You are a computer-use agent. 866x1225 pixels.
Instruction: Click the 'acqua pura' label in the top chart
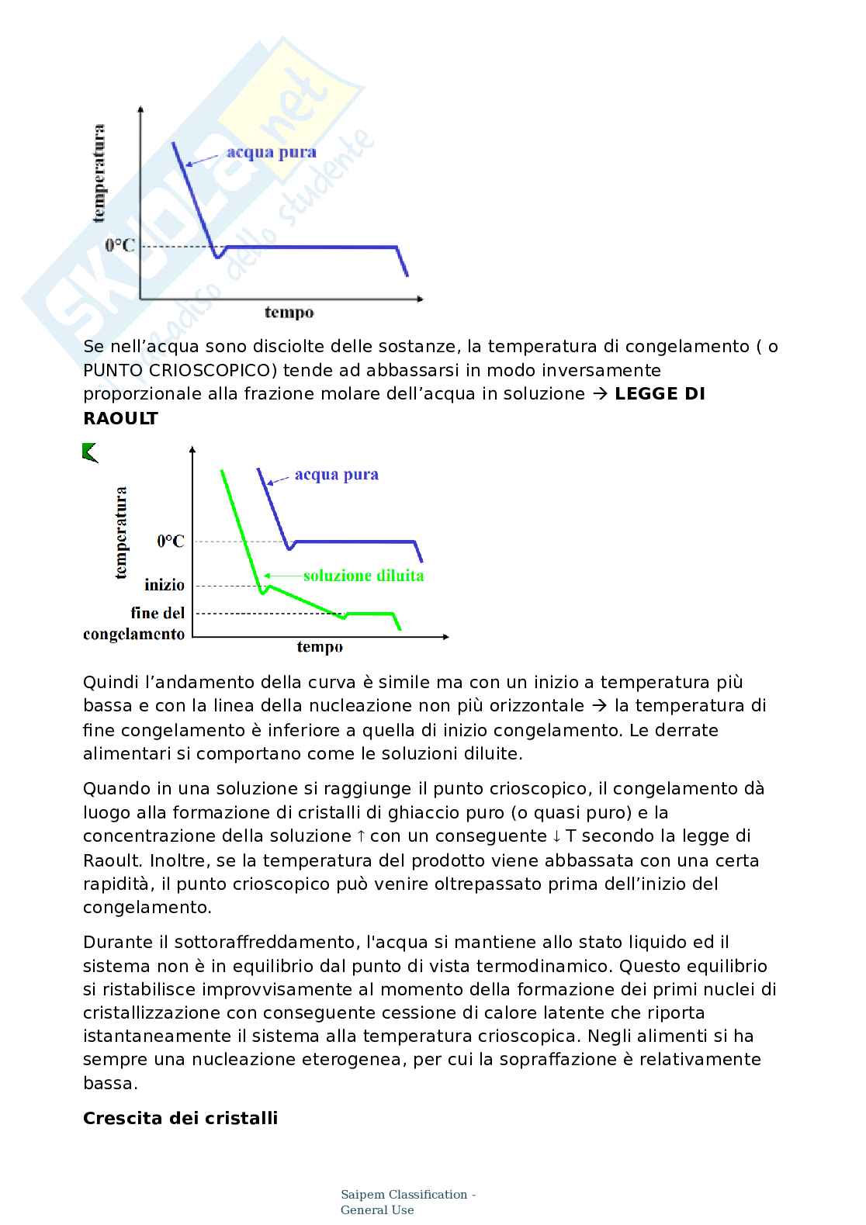click(271, 152)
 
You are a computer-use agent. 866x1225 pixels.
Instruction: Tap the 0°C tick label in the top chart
click(120, 246)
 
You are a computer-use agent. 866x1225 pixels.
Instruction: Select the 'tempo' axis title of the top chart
click(289, 313)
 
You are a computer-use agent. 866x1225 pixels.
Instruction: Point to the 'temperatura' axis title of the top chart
click(99, 174)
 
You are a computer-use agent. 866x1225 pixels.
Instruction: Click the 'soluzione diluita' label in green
click(363, 576)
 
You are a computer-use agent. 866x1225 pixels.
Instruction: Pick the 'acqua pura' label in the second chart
click(336, 475)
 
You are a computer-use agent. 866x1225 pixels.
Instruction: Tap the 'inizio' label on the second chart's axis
click(165, 585)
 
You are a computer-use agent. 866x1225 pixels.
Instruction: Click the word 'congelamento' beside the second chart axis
click(134, 635)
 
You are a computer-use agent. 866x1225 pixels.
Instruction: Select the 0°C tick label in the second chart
click(171, 542)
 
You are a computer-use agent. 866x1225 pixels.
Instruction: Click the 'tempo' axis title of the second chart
click(319, 647)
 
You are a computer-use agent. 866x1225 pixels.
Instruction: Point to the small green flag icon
click(90, 452)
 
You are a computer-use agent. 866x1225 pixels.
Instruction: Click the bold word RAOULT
click(120, 419)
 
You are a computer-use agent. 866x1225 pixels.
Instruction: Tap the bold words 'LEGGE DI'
click(660, 394)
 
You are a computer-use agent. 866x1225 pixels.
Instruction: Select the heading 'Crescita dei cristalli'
click(180, 1118)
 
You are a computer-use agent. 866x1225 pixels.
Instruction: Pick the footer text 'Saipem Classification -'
click(408, 1195)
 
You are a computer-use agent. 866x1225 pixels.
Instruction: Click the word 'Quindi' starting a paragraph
click(109, 683)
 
